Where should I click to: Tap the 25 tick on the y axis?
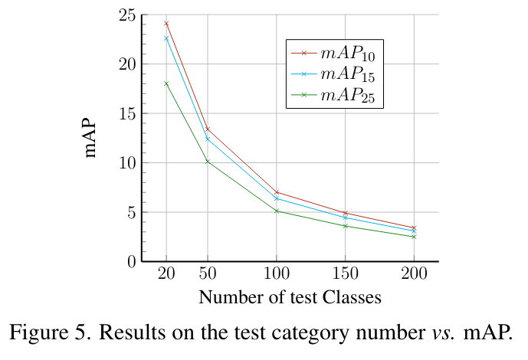point(127,15)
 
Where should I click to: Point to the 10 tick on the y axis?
point(127,163)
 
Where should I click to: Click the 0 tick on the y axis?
point(131,261)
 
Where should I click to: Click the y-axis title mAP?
point(91,138)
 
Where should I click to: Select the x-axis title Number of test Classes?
point(290,296)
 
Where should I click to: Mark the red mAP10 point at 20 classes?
point(166,24)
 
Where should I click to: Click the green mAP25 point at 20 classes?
point(166,83)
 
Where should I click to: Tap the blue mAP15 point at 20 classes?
point(166,38)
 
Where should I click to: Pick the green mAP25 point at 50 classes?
point(207,162)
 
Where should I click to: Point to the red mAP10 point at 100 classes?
point(276,192)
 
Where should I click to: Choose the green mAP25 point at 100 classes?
point(276,211)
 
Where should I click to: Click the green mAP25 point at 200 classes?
point(414,237)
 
